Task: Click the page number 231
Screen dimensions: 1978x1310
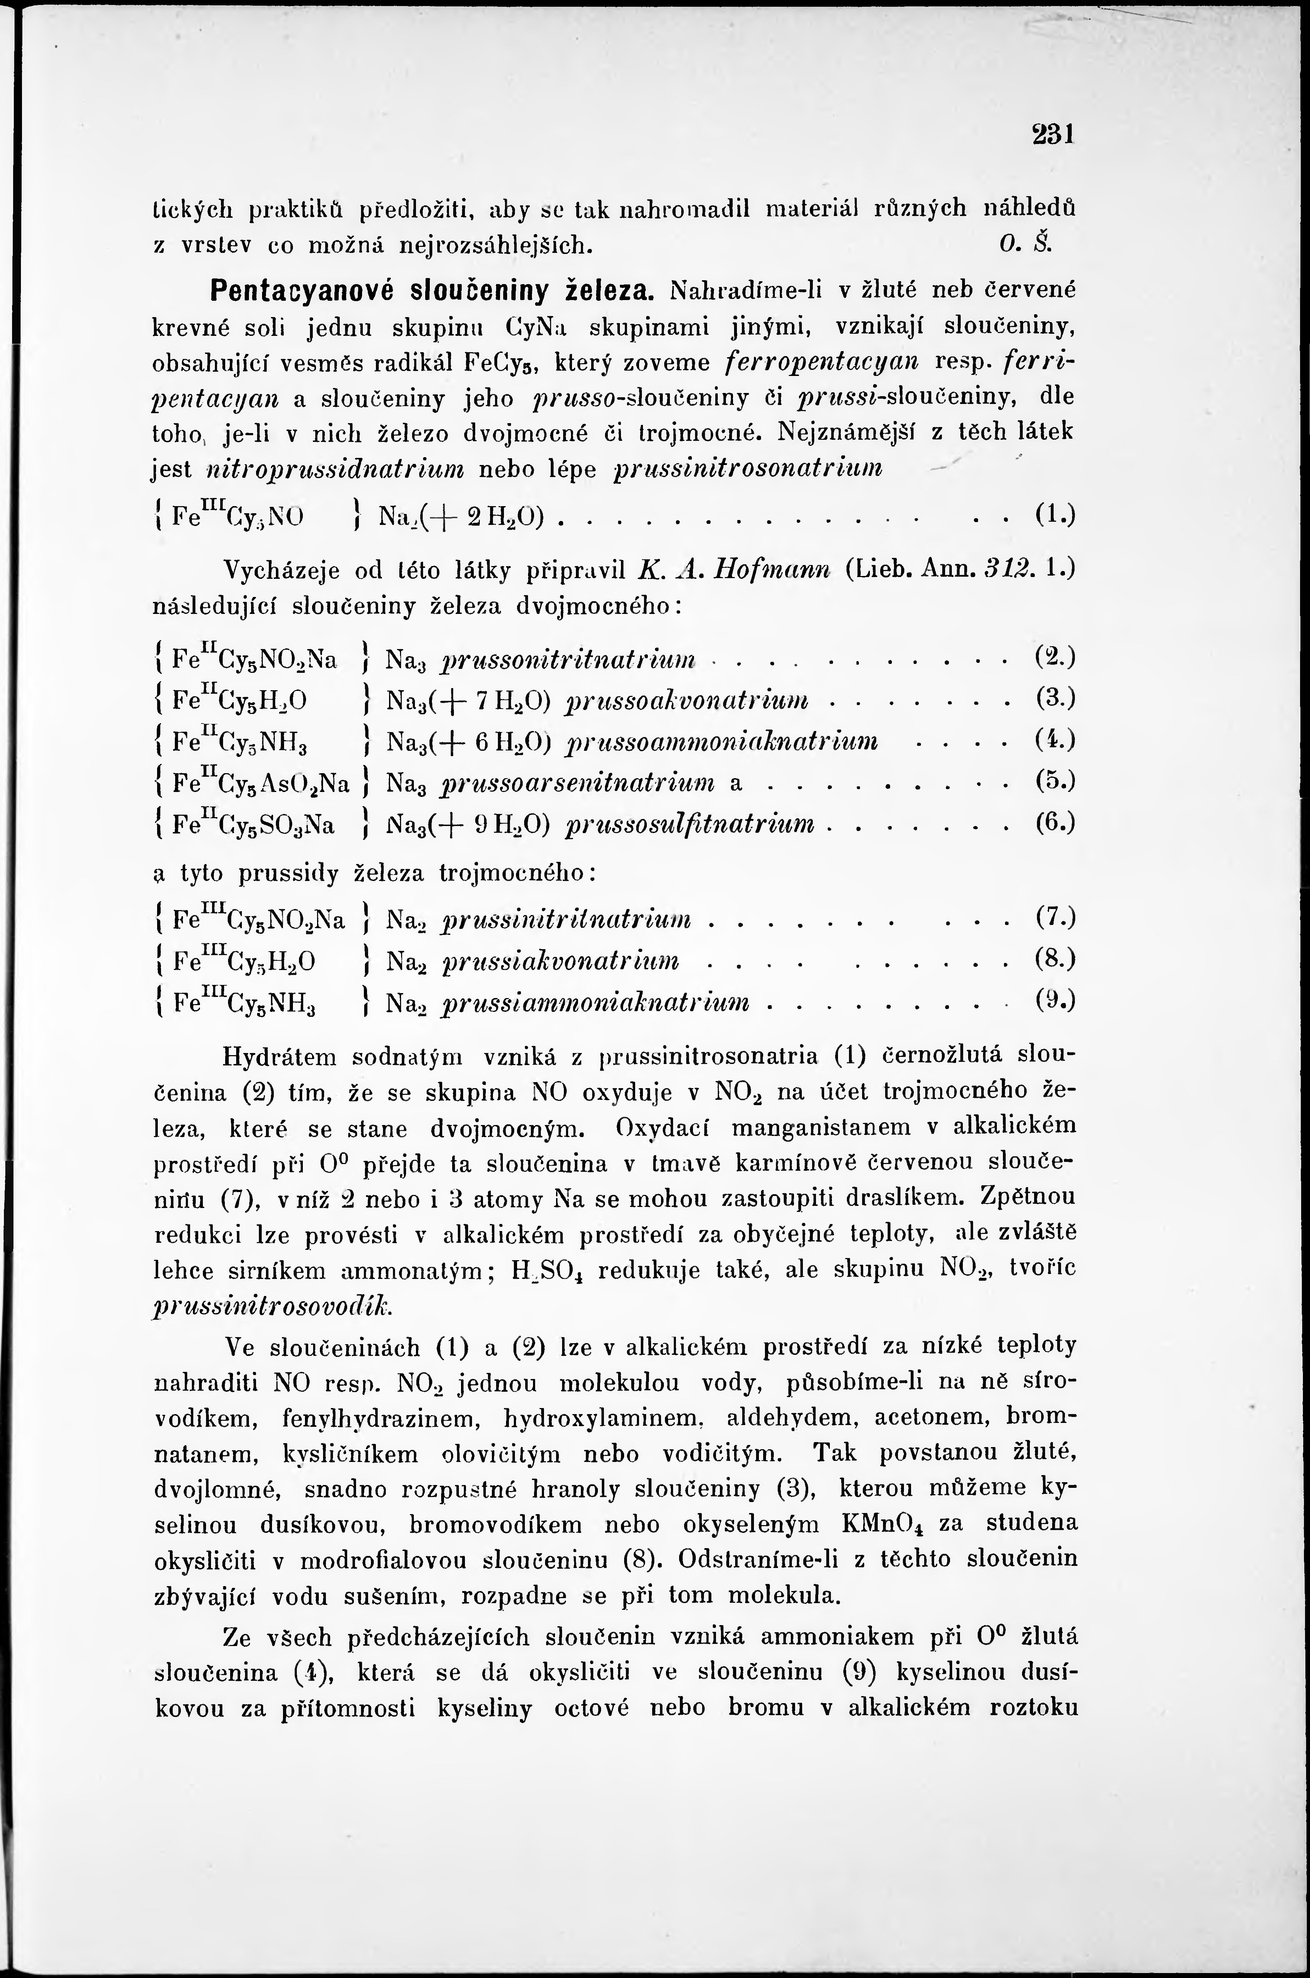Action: (x=1052, y=134)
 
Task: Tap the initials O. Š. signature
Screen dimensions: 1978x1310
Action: (x=1017, y=245)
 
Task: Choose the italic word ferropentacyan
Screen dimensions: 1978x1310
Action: (x=822, y=362)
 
